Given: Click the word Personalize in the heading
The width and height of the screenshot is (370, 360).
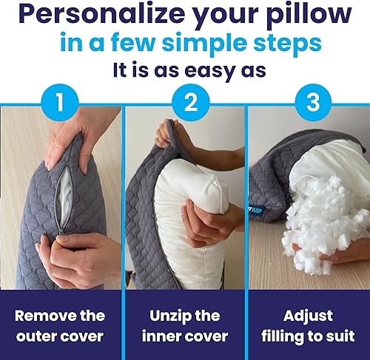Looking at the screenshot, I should tap(102, 16).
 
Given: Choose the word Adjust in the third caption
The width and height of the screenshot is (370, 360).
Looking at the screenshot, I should tap(308, 316).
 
